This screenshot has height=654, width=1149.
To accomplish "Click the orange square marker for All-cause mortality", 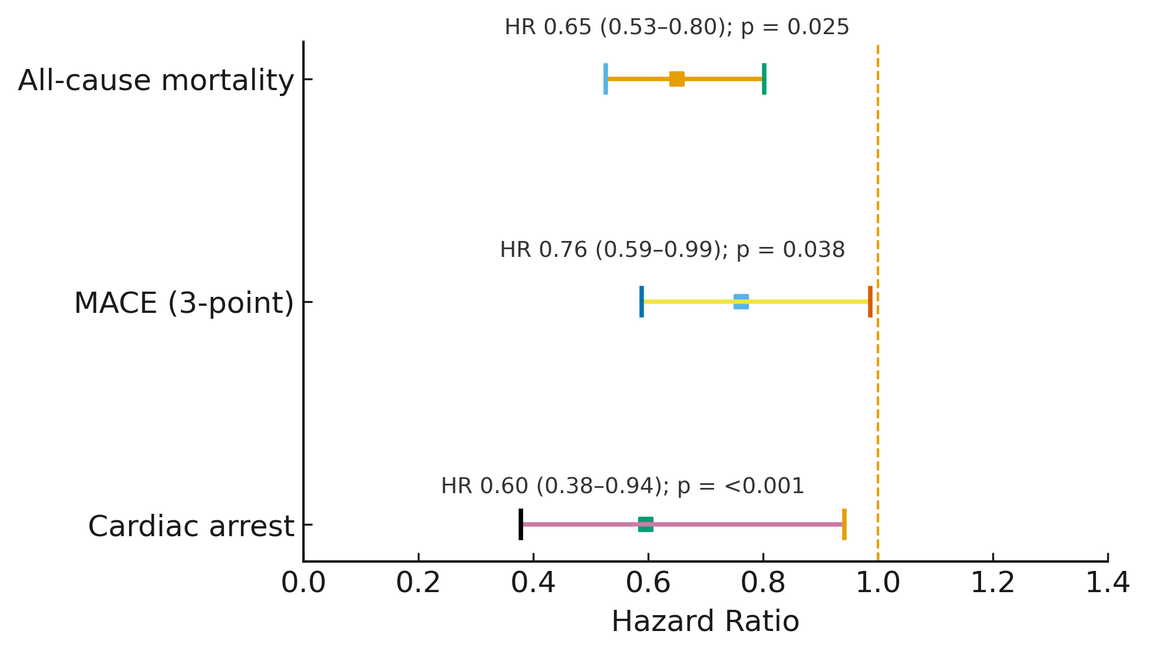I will click(677, 79).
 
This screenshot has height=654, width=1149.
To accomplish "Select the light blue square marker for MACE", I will click(741, 302).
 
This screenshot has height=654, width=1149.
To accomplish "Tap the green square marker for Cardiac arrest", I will click(646, 524).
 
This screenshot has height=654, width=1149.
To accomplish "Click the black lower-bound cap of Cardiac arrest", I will click(521, 524).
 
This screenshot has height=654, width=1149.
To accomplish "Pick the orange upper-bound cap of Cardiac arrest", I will click(844, 524).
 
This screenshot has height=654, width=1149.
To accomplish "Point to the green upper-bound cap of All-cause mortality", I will click(764, 79).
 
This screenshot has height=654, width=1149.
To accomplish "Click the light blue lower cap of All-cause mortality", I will click(606, 79).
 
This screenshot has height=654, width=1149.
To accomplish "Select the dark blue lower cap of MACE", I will click(642, 302).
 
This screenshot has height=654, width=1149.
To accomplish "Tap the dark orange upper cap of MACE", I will click(870, 302).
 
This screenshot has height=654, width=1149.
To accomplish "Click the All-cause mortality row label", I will click(156, 80).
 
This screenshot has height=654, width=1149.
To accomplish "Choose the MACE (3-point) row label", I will click(184, 303).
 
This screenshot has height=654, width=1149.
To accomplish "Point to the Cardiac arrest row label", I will click(191, 526).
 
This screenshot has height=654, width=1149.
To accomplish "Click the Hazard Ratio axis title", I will click(705, 622).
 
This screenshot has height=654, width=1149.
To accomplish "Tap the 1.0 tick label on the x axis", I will click(877, 583).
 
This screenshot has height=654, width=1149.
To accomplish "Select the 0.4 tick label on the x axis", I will click(533, 583).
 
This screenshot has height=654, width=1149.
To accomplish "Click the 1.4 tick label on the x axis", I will click(1107, 583).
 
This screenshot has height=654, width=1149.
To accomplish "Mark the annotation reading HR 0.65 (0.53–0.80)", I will click(677, 27).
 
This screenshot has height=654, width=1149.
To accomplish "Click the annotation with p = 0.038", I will click(672, 250).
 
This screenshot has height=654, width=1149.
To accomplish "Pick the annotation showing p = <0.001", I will click(622, 486).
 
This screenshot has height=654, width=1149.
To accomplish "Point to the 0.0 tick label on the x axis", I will click(303, 583).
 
